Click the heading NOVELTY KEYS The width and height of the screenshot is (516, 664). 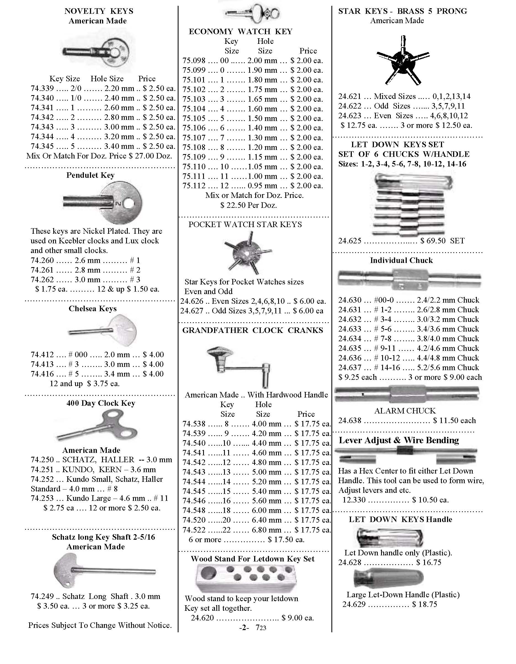(99, 11)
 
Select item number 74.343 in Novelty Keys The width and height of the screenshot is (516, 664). (42, 127)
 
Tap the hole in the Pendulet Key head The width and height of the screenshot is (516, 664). (129, 204)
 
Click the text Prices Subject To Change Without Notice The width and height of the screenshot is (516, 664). (100, 625)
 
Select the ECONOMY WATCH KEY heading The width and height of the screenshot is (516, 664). (241, 32)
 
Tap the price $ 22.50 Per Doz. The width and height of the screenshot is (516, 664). (249, 206)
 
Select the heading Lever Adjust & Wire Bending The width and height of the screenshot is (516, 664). (399, 440)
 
